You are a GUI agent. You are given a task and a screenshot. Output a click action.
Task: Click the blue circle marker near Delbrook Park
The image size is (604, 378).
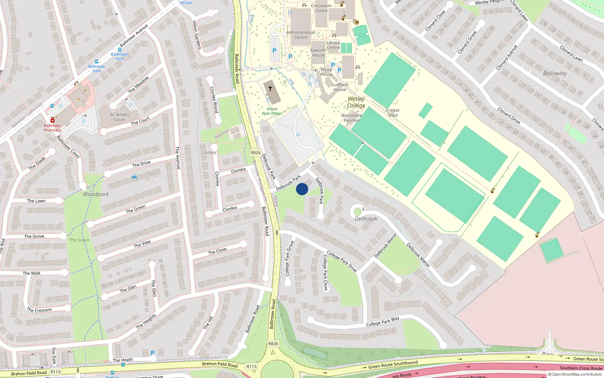coord(302,189)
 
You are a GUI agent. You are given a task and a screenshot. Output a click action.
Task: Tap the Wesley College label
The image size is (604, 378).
coord(356,102)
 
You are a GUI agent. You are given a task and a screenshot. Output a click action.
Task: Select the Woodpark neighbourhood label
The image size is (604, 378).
coord(96,194)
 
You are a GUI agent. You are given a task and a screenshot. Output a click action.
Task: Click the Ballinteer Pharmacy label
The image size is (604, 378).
coord(52,128)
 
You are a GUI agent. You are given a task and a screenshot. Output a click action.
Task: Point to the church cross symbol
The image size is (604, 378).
coord(270,89)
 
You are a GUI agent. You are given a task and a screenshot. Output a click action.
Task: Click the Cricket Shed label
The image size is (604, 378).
coord(393,113)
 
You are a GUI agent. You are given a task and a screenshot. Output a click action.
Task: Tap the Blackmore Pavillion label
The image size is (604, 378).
coord(352,118)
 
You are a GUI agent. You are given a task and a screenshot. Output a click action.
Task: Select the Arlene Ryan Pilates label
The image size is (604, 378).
coord(272,111)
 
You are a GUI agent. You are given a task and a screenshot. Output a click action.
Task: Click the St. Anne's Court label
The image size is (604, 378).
coord(120,117)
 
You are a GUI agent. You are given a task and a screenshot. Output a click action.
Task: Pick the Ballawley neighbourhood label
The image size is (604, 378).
coord(555,73)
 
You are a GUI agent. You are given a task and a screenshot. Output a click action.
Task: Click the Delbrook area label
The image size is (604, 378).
coord(366,218)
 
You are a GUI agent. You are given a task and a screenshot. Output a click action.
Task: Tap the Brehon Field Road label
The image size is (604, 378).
coord(220,364)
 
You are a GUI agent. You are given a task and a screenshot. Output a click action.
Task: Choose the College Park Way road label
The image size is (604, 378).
coord(382,322)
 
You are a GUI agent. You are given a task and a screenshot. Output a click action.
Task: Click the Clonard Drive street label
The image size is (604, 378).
coord(509,116)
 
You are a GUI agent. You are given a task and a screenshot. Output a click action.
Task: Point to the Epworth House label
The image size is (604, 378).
coord(318,53)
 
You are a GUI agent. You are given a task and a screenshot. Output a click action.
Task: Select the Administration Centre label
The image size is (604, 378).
coord(301,35)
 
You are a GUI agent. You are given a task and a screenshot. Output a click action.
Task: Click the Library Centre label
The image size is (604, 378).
coord(333,45)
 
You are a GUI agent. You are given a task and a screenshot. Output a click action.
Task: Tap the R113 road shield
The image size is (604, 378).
coord(251,366)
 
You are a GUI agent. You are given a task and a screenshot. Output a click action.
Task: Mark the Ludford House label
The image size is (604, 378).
coord(340,87)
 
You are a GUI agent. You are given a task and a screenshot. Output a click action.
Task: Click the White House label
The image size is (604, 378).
coord(327,72)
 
